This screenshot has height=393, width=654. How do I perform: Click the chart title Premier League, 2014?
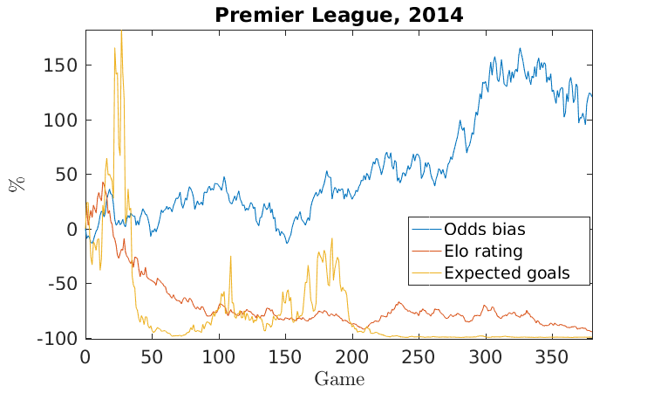338,15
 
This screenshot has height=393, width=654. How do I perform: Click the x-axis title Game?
338,379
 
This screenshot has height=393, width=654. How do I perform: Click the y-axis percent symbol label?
15,184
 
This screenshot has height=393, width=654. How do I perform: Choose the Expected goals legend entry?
506,272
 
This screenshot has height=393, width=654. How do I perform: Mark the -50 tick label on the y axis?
62,284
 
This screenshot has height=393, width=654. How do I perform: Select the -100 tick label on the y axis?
58,338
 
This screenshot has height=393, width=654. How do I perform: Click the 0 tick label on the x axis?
85,356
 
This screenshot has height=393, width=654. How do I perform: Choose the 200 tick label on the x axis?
352,356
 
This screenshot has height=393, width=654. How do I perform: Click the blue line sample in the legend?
426,230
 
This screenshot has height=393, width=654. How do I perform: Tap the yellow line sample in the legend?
426,272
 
